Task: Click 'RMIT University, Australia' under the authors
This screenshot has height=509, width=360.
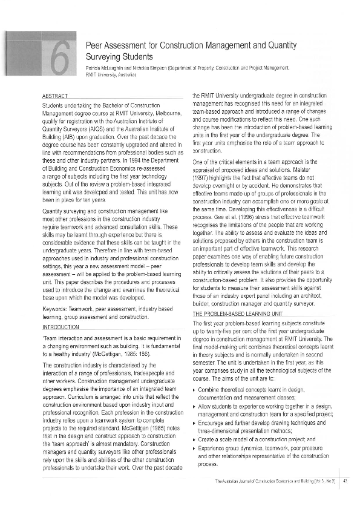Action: click(x=111, y=74)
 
